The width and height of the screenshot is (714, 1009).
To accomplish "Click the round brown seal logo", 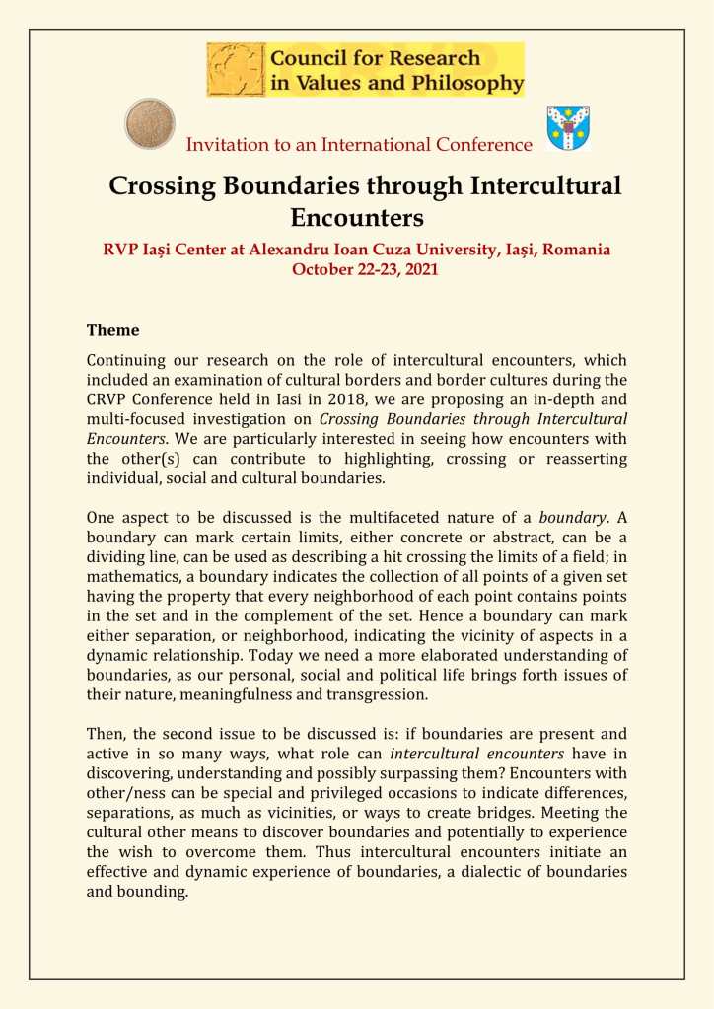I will click(150, 123).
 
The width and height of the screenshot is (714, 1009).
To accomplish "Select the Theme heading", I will click(112, 330).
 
